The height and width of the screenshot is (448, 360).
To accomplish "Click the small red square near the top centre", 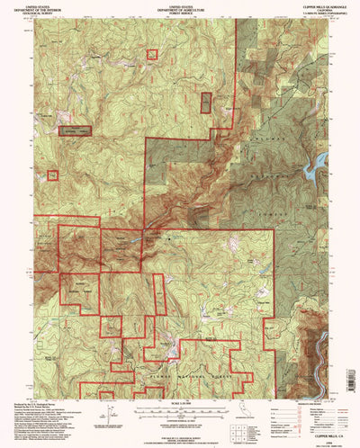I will (x=152, y=55).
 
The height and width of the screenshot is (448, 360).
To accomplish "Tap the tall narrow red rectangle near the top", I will (x=206, y=103).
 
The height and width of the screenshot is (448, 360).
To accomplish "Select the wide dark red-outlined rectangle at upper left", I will (x=76, y=131).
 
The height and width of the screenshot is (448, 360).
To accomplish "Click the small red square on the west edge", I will (x=52, y=175).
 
